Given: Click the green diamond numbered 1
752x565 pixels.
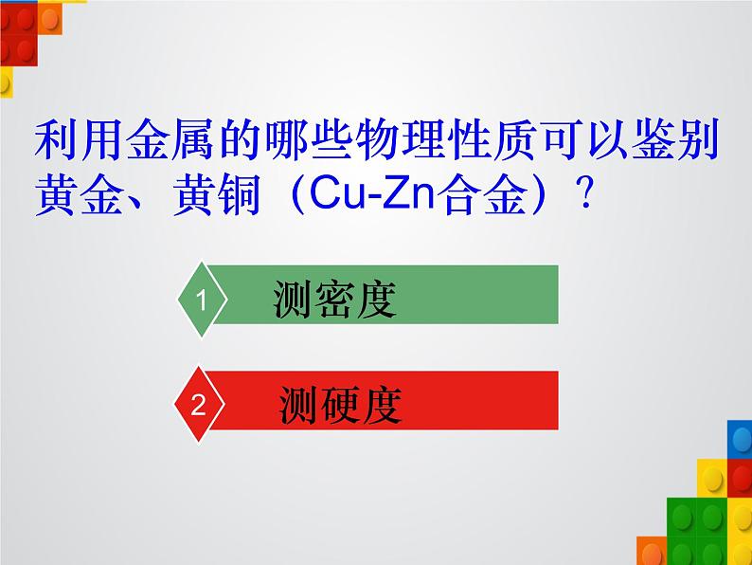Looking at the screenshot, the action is pos(202,300).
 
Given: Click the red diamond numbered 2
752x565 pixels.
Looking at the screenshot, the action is pos(199,404).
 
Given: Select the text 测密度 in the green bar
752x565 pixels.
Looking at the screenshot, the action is pos(334,299).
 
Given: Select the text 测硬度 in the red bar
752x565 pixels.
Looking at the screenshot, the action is pos(340,405).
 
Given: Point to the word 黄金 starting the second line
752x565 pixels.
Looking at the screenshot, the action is pos(80,194).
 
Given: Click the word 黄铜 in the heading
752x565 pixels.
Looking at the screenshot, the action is pos(217,194).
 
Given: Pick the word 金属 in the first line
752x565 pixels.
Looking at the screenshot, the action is pos(170,139).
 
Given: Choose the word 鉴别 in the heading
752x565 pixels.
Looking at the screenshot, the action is pos(675,139).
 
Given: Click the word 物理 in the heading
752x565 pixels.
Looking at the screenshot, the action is pos(400,139).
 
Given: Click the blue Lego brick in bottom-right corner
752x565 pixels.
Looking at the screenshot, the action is pos(740,439).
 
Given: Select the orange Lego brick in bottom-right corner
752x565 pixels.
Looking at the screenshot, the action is pos(652,551).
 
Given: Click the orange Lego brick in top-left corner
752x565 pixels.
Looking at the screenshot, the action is pos(50,18).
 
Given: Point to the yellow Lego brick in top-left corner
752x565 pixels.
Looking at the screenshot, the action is pos(7,82).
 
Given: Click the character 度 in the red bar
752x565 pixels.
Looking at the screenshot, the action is pos(382,405).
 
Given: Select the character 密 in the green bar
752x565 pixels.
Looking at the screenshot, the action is pos(334,299).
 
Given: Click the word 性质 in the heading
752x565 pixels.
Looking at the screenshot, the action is pos(492,139).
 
